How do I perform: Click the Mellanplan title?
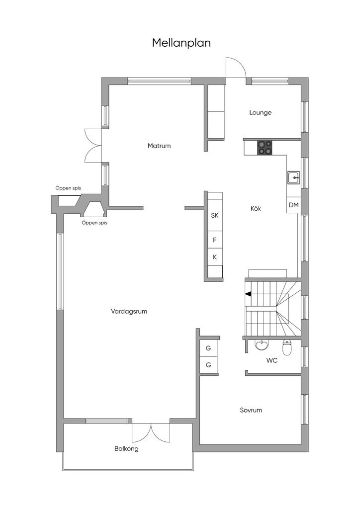click(x=181, y=43)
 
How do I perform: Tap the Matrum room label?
click(x=159, y=146)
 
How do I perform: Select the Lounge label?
click(x=261, y=113)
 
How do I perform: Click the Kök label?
click(x=256, y=208)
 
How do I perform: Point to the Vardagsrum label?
click(x=129, y=311)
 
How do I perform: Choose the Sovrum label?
click(x=251, y=410)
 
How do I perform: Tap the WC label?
click(x=272, y=360)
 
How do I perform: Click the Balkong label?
click(x=127, y=449)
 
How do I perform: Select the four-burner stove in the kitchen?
click(x=265, y=148)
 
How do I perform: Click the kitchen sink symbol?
click(x=293, y=177)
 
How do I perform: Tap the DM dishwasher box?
click(x=294, y=205)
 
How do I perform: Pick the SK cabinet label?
click(x=215, y=215)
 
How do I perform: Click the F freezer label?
click(x=215, y=240)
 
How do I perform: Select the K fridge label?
click(x=215, y=257)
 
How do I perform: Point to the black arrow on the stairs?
click(x=248, y=294)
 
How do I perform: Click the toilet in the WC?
click(x=287, y=347)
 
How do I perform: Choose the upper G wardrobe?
click(x=208, y=348)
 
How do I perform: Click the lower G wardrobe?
click(x=208, y=365)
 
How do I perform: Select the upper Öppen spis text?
click(x=68, y=188)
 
